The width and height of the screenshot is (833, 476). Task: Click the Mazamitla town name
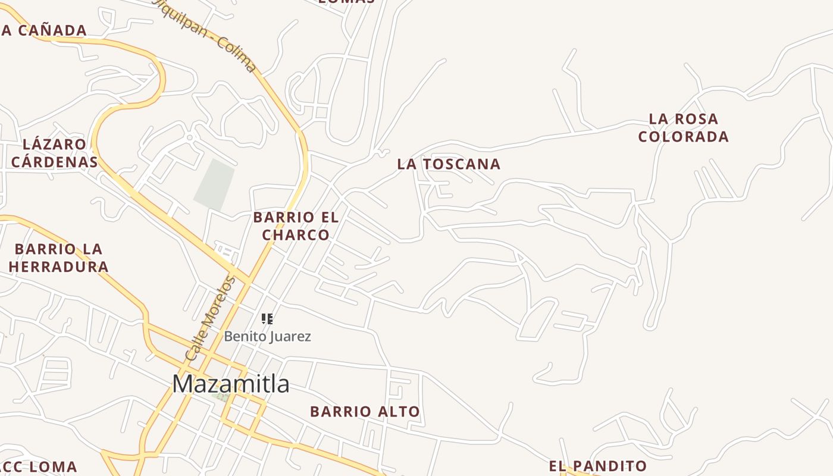pyautogui.click(x=231, y=384)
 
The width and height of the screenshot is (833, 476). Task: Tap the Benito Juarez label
pyautogui.click(x=267, y=336)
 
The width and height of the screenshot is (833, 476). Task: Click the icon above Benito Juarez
pyautogui.click(x=267, y=319)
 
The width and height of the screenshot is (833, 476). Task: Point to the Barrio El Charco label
pyautogui.click(x=296, y=226)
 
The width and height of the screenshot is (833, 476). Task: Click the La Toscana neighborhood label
pyautogui.click(x=449, y=164)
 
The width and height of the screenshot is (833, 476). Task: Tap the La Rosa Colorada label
pyautogui.click(x=683, y=128)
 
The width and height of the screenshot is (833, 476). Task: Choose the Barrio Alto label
pyautogui.click(x=365, y=411)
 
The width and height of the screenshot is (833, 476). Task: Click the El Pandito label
pyautogui.click(x=597, y=466)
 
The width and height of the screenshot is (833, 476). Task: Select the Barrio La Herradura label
pyautogui.click(x=58, y=258)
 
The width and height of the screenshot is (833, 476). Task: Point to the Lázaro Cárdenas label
pyautogui.click(x=54, y=153)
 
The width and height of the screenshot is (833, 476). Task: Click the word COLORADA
pyautogui.click(x=683, y=137)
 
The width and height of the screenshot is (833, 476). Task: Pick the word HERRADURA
pyautogui.click(x=58, y=267)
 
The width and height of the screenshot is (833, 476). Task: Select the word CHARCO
pyautogui.click(x=296, y=235)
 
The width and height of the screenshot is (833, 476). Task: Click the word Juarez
pyautogui.click(x=289, y=336)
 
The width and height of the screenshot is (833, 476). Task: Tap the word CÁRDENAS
pyautogui.click(x=54, y=162)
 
